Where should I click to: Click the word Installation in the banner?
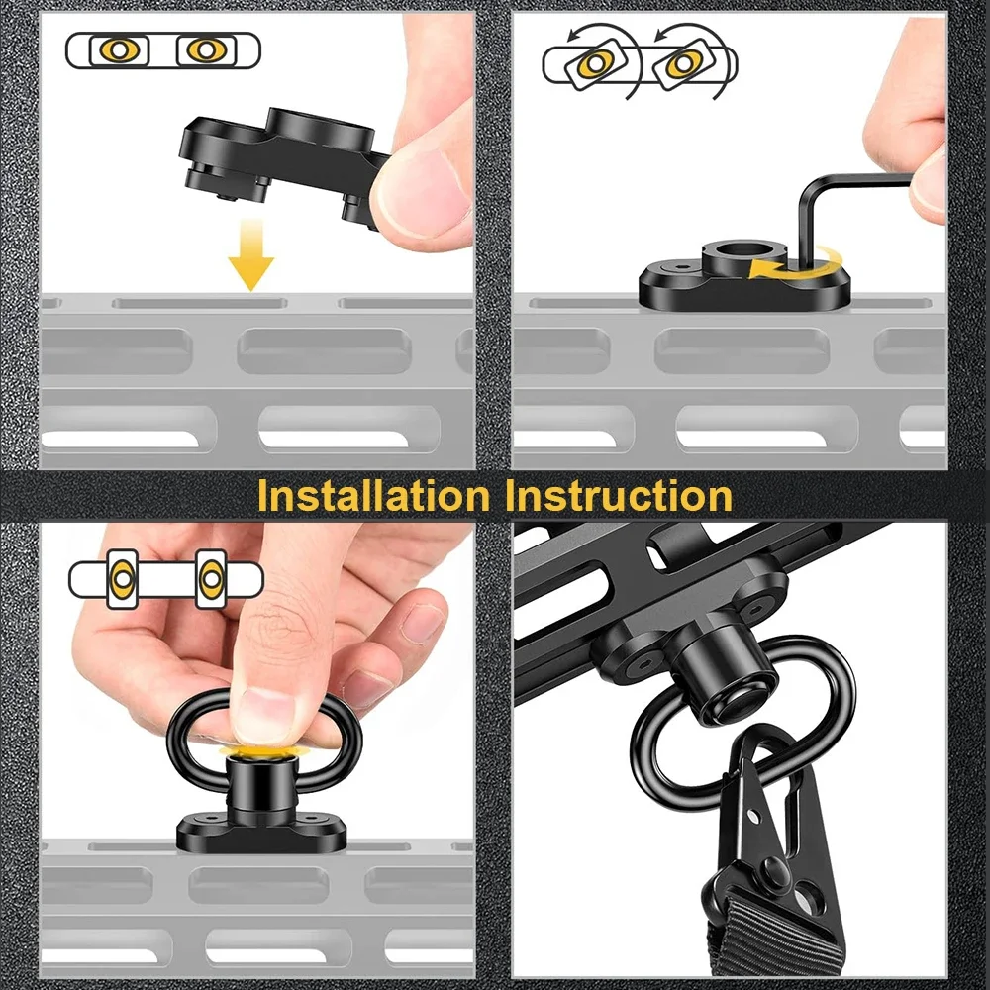(x=373, y=496)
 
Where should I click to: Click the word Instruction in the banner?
(x=620, y=496)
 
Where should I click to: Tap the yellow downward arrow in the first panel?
(x=250, y=254)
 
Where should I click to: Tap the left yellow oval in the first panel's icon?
(x=120, y=50)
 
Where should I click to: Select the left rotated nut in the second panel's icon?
(x=596, y=63)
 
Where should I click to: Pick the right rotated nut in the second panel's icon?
(x=684, y=63)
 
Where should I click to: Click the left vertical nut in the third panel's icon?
(x=122, y=579)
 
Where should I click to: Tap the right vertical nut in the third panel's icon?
(x=211, y=579)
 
